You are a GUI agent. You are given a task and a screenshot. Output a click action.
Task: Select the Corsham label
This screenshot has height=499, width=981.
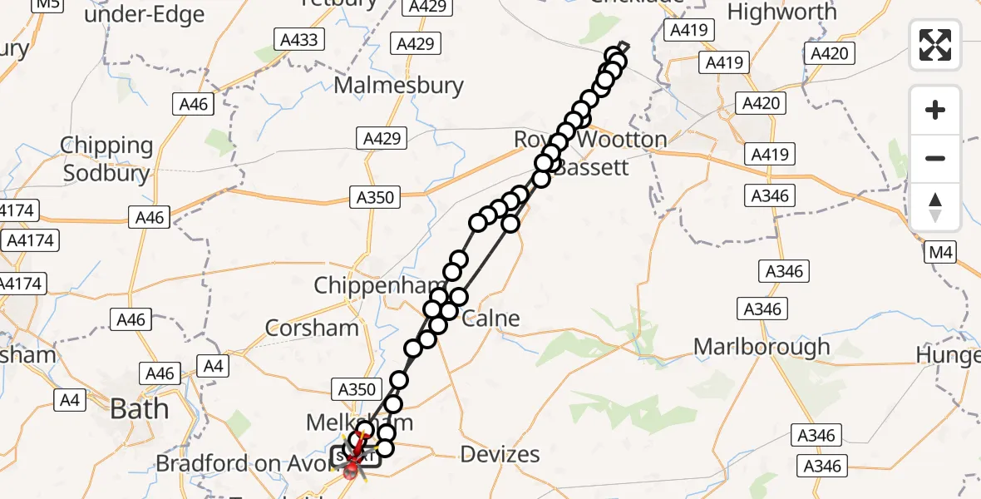click(312, 328)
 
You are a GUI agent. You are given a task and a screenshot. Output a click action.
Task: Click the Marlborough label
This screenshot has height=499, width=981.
click(762, 346)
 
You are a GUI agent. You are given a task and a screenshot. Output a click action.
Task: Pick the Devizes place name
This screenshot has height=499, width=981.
click(500, 454)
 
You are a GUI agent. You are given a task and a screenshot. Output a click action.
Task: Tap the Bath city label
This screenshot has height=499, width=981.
click(139, 408)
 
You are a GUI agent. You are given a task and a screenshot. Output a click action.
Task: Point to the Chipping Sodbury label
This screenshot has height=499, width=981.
click(107, 159)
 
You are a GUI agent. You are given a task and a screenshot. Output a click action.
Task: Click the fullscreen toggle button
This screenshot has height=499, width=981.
click(935, 45)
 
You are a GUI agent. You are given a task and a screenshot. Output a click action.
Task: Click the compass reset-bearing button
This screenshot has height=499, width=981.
click(935, 207)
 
